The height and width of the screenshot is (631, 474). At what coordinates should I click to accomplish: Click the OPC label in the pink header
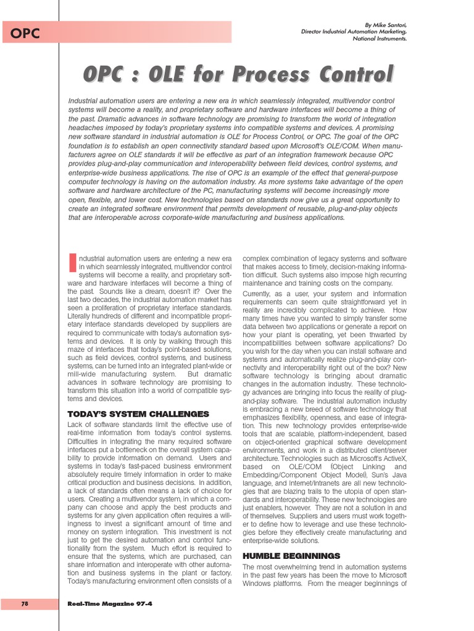(25, 34)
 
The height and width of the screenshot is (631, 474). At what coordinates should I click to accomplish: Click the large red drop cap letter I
(72, 261)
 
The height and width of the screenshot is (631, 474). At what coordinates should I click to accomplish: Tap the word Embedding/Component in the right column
(283, 476)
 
